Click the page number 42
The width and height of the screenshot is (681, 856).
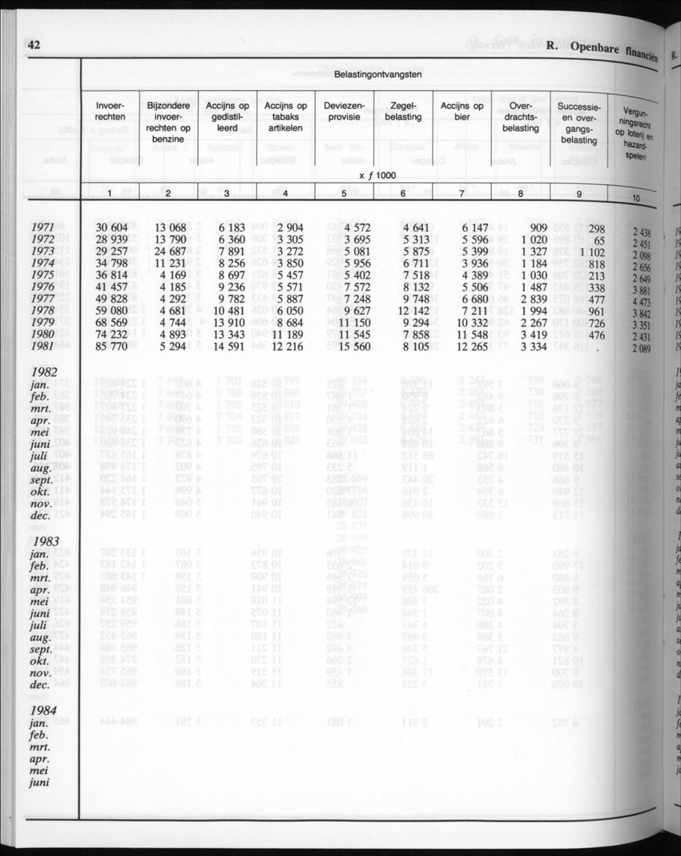point(34,46)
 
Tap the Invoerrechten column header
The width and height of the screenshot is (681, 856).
point(110,111)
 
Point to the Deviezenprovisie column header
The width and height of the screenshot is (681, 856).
point(345,111)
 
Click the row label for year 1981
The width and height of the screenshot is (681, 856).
point(43,347)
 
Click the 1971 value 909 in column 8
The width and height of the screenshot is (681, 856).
point(528,227)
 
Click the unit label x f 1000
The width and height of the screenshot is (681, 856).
point(377,176)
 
